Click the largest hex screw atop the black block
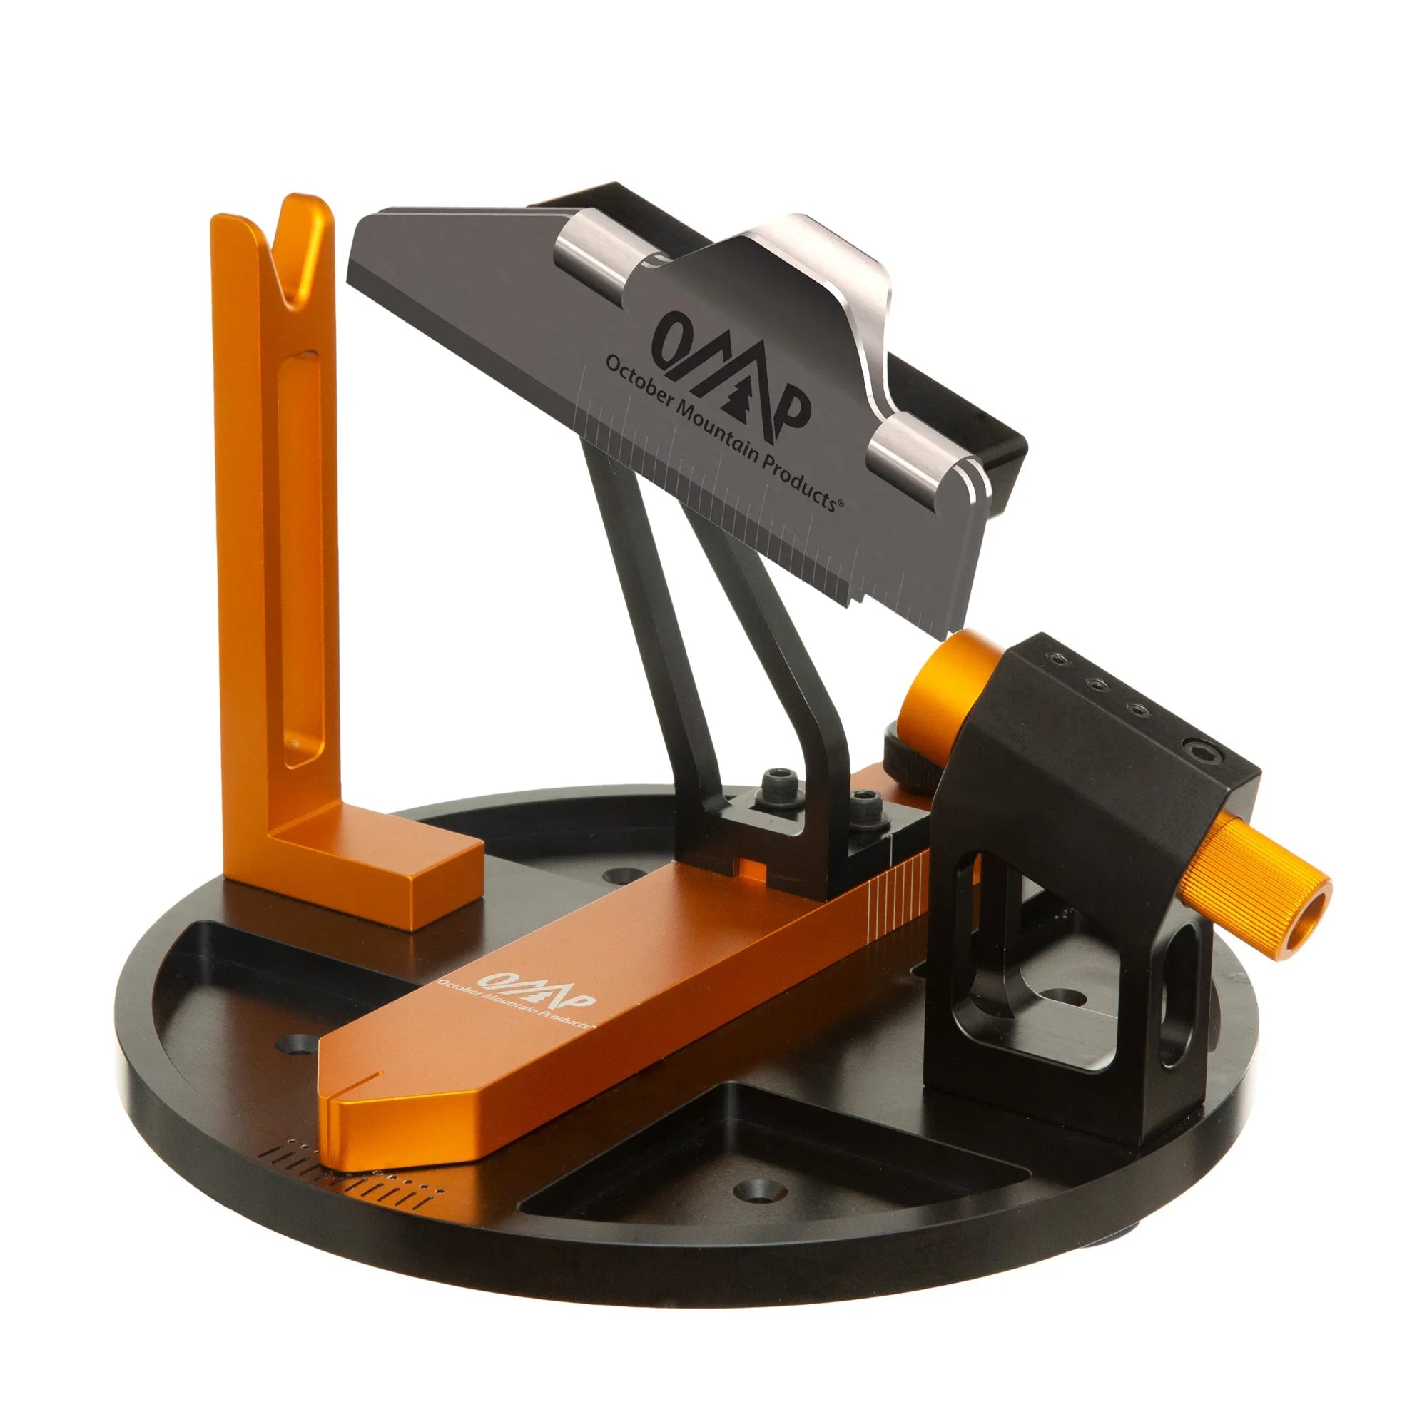pyautogui.click(x=1197, y=751)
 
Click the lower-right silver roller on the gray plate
pyautogui.click(x=920, y=465)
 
